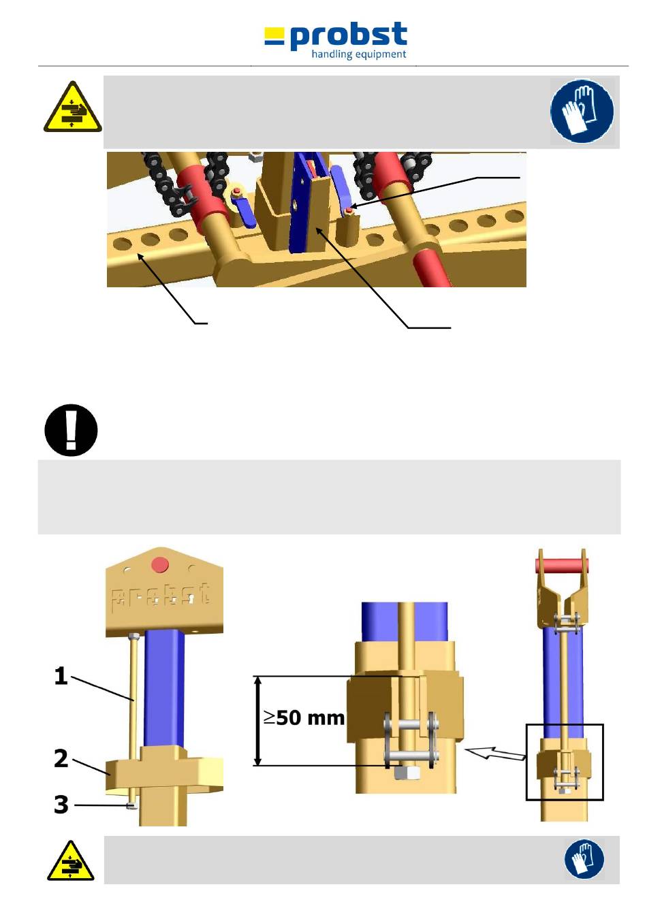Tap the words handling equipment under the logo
pyautogui.click(x=358, y=54)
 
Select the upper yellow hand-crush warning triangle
pyautogui.click(x=72, y=109)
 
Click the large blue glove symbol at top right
pyautogui.click(x=582, y=111)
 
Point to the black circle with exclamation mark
pyautogui.click(x=71, y=430)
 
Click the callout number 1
pyautogui.click(x=61, y=676)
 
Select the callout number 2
pyautogui.click(x=61, y=758)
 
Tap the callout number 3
pyautogui.click(x=61, y=805)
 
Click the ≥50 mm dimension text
pyautogui.click(x=304, y=717)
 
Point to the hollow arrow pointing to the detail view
pyautogui.click(x=494, y=753)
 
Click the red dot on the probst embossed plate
pyautogui.click(x=160, y=565)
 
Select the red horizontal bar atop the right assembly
pyautogui.click(x=562, y=566)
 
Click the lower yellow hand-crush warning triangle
pyautogui.click(x=71, y=862)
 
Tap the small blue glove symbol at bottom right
pyautogui.click(x=584, y=859)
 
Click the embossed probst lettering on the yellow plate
pyautogui.click(x=161, y=596)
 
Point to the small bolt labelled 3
pyautogui.click(x=133, y=806)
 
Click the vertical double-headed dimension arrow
pyautogui.click(x=257, y=721)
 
